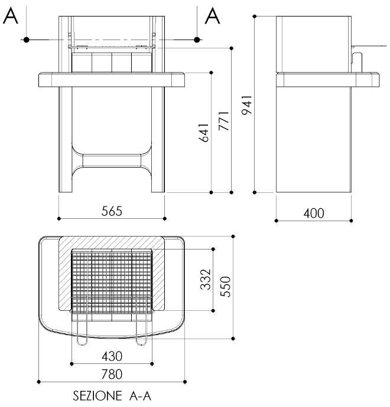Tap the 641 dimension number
[x=204, y=134]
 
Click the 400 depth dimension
[x=313, y=213]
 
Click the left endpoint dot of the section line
[x=27, y=40]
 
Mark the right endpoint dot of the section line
[x=197, y=40]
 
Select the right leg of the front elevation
[x=158, y=142]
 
